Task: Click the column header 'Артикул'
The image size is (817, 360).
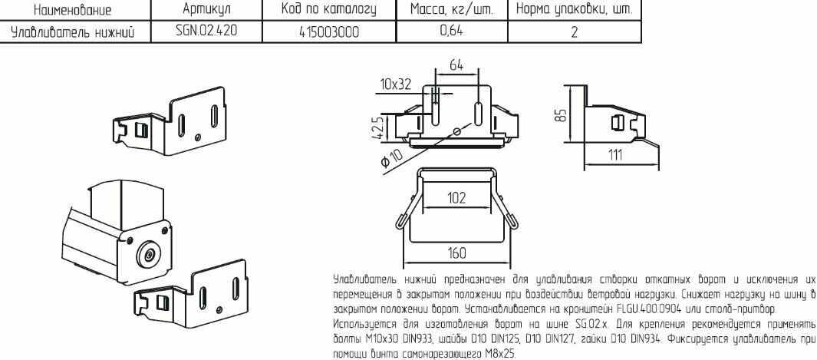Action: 207,9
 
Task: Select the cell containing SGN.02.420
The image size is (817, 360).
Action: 207,31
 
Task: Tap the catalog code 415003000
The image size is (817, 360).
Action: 329,31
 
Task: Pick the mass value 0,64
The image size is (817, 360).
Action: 452,31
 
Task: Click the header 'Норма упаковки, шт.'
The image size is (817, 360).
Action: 574,9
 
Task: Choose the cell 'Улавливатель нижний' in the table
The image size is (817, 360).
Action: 73,32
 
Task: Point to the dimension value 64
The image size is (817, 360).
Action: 456,66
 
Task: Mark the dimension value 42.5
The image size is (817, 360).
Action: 380,127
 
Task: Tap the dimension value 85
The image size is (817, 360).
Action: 560,114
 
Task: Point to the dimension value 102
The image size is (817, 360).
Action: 457,198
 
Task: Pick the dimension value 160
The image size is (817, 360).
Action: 457,253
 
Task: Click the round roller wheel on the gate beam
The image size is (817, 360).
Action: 150,254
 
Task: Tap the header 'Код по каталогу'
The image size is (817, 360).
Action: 329,9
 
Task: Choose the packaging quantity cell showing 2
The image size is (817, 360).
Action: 574,31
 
